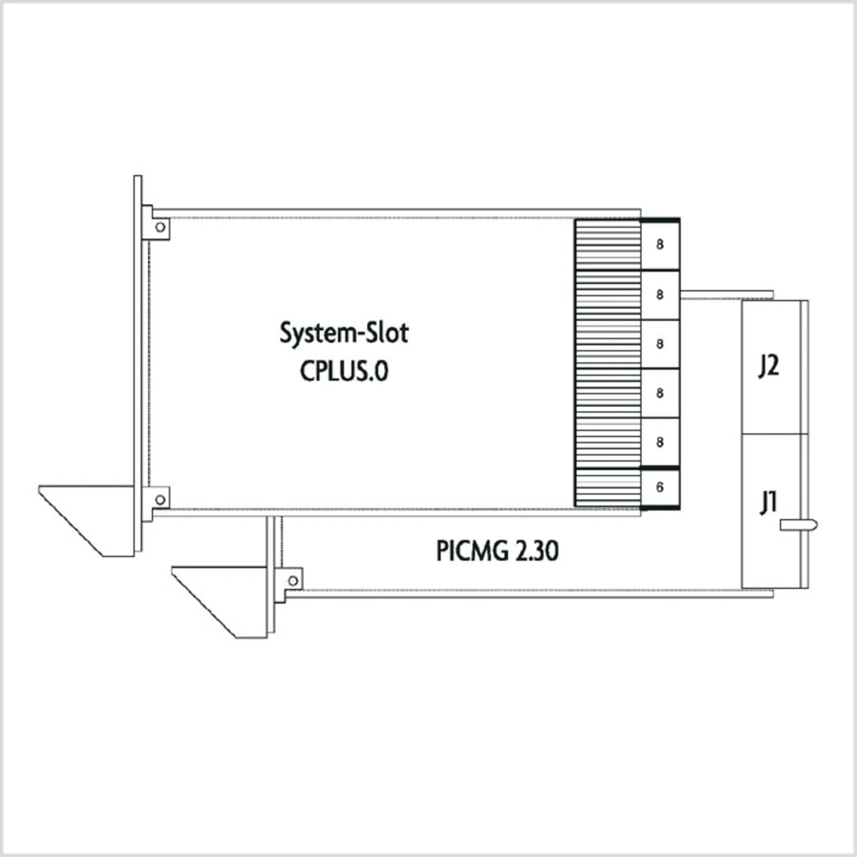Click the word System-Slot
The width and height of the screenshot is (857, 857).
pyautogui.click(x=343, y=333)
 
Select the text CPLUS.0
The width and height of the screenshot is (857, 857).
pyautogui.click(x=343, y=370)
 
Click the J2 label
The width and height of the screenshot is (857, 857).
pyautogui.click(x=768, y=366)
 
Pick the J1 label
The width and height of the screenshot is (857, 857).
pyautogui.click(x=768, y=501)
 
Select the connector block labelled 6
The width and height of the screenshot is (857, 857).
pyautogui.click(x=660, y=487)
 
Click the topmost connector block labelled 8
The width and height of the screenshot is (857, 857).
pyautogui.click(x=660, y=245)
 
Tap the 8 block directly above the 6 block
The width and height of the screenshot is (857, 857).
pyautogui.click(x=660, y=443)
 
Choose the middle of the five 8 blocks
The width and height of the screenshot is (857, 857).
pyautogui.click(x=660, y=344)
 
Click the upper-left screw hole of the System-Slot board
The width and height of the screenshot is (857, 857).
pyautogui.click(x=160, y=227)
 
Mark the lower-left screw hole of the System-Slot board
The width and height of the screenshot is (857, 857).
pyautogui.click(x=160, y=499)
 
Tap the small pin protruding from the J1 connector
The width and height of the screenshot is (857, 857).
pyautogui.click(x=799, y=526)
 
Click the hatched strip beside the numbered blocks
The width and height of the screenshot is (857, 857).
pyautogui.click(x=608, y=364)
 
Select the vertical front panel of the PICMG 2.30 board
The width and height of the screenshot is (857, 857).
pyautogui.click(x=270, y=576)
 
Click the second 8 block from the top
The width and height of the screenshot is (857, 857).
pyautogui.click(x=660, y=295)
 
